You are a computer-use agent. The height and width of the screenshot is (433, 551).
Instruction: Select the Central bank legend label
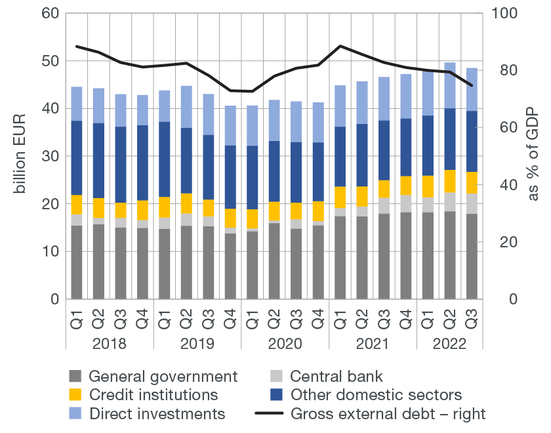click(336, 377)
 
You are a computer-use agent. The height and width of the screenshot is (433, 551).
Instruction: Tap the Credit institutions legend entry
click(153, 395)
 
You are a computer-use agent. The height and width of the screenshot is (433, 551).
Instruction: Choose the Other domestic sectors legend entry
click(376, 395)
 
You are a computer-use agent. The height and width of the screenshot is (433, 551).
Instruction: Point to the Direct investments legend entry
click(156, 413)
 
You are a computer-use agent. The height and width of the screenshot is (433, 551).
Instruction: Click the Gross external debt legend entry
click(388, 413)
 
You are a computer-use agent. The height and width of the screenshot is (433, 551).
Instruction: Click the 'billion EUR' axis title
click(20, 156)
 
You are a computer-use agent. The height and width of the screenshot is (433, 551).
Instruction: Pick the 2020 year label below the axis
click(285, 344)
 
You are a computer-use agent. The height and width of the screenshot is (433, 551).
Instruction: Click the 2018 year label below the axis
click(110, 344)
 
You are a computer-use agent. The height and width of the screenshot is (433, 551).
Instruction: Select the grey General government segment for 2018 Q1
click(77, 262)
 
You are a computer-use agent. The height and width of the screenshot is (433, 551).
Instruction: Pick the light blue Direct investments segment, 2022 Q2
click(450, 85)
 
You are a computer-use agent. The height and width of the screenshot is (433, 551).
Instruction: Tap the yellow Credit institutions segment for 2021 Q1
click(340, 197)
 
